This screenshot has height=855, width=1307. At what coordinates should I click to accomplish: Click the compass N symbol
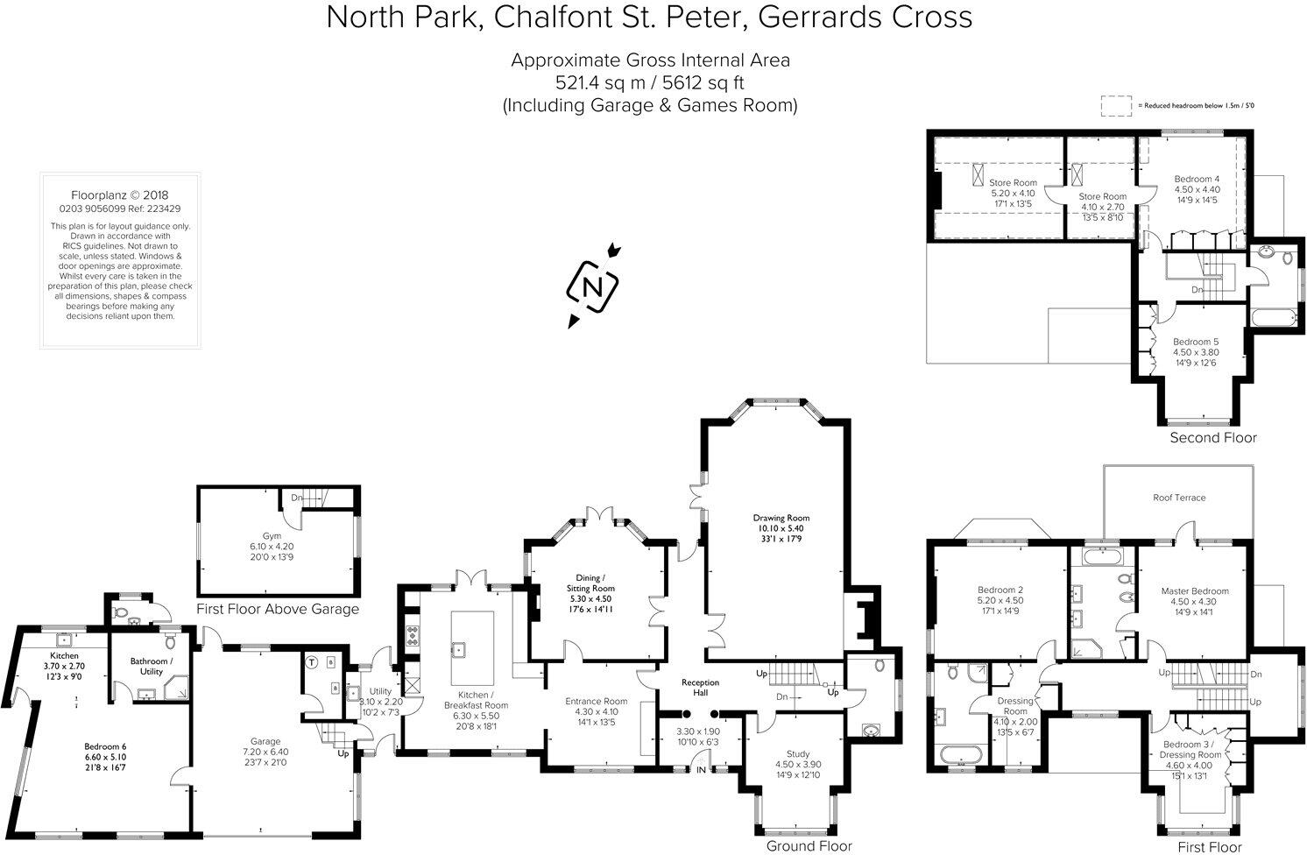click(x=593, y=286)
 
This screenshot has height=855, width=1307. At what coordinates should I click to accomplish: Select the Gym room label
click(x=272, y=535)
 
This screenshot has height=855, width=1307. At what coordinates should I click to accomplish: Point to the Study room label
click(x=797, y=753)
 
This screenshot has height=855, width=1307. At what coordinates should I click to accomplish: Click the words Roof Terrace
click(x=1178, y=498)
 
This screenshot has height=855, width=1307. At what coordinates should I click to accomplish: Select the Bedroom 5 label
click(x=1196, y=342)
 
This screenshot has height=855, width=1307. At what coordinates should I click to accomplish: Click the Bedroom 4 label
click(x=1197, y=179)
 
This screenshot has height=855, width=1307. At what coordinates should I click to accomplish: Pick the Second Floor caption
click(x=1212, y=438)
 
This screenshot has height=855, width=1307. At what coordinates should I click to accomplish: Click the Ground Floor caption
click(x=809, y=846)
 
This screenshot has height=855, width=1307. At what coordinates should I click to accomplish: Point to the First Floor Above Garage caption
click(x=278, y=610)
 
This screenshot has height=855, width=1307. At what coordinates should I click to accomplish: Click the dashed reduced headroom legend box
click(x=1117, y=105)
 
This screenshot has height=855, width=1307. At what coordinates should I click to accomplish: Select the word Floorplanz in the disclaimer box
click(x=99, y=195)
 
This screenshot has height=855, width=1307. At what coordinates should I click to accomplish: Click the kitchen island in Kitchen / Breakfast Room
click(x=471, y=648)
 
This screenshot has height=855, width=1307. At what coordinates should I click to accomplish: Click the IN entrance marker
click(x=701, y=770)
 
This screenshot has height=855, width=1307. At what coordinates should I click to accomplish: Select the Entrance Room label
click(x=596, y=701)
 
